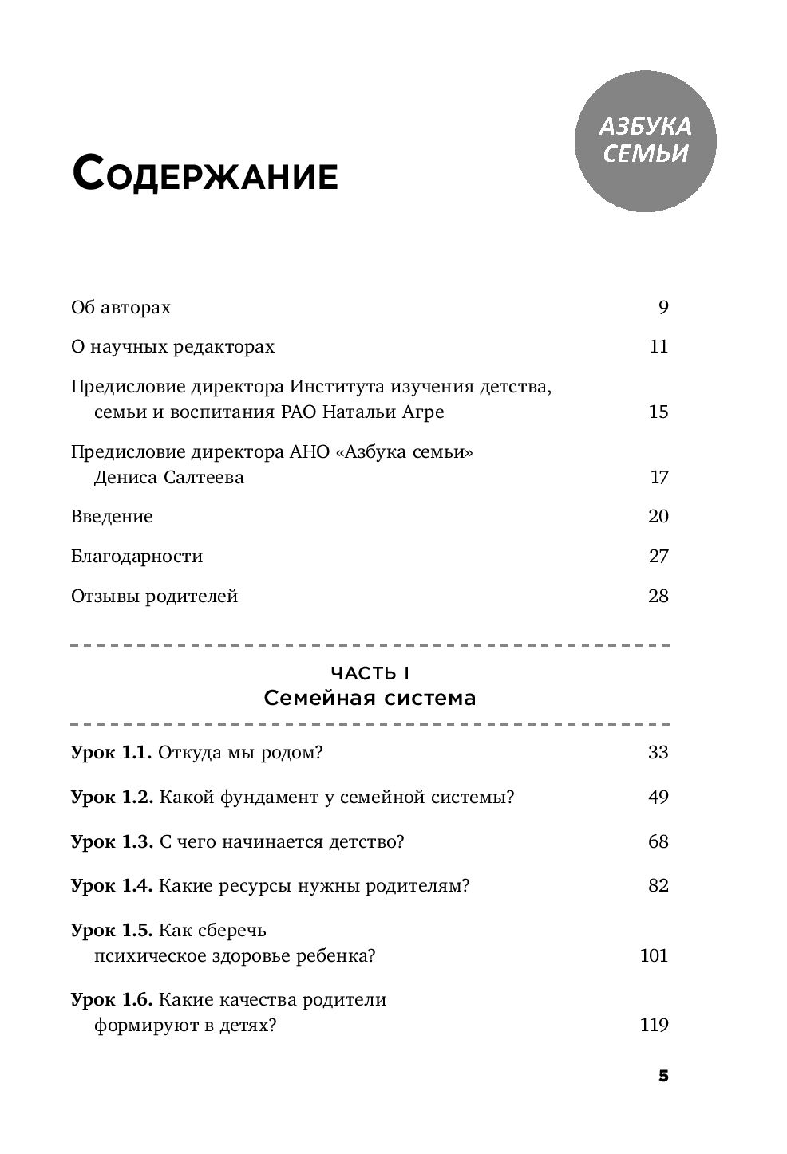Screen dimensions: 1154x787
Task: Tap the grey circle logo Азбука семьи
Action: (645, 140)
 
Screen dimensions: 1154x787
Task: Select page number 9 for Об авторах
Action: (662, 308)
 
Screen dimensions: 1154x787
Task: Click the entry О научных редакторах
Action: (172, 347)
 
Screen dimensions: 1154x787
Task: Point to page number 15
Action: (658, 412)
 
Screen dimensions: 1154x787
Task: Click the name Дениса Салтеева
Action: (168, 478)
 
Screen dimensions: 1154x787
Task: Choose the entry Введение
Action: (112, 517)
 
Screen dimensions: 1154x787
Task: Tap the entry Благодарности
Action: (136, 557)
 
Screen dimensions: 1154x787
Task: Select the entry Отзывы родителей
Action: (154, 597)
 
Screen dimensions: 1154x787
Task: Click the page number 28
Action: (658, 597)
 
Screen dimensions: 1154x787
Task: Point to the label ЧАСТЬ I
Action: (370, 674)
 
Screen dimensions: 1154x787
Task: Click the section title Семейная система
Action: (370, 699)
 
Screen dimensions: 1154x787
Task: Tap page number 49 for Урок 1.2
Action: (658, 797)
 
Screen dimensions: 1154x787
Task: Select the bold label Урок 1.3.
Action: (112, 841)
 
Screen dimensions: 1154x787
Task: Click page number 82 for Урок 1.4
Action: (658, 886)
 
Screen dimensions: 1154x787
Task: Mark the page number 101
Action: (654, 955)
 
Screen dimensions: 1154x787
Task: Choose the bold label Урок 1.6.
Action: (112, 1000)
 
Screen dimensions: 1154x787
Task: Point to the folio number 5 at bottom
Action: (662, 1076)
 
